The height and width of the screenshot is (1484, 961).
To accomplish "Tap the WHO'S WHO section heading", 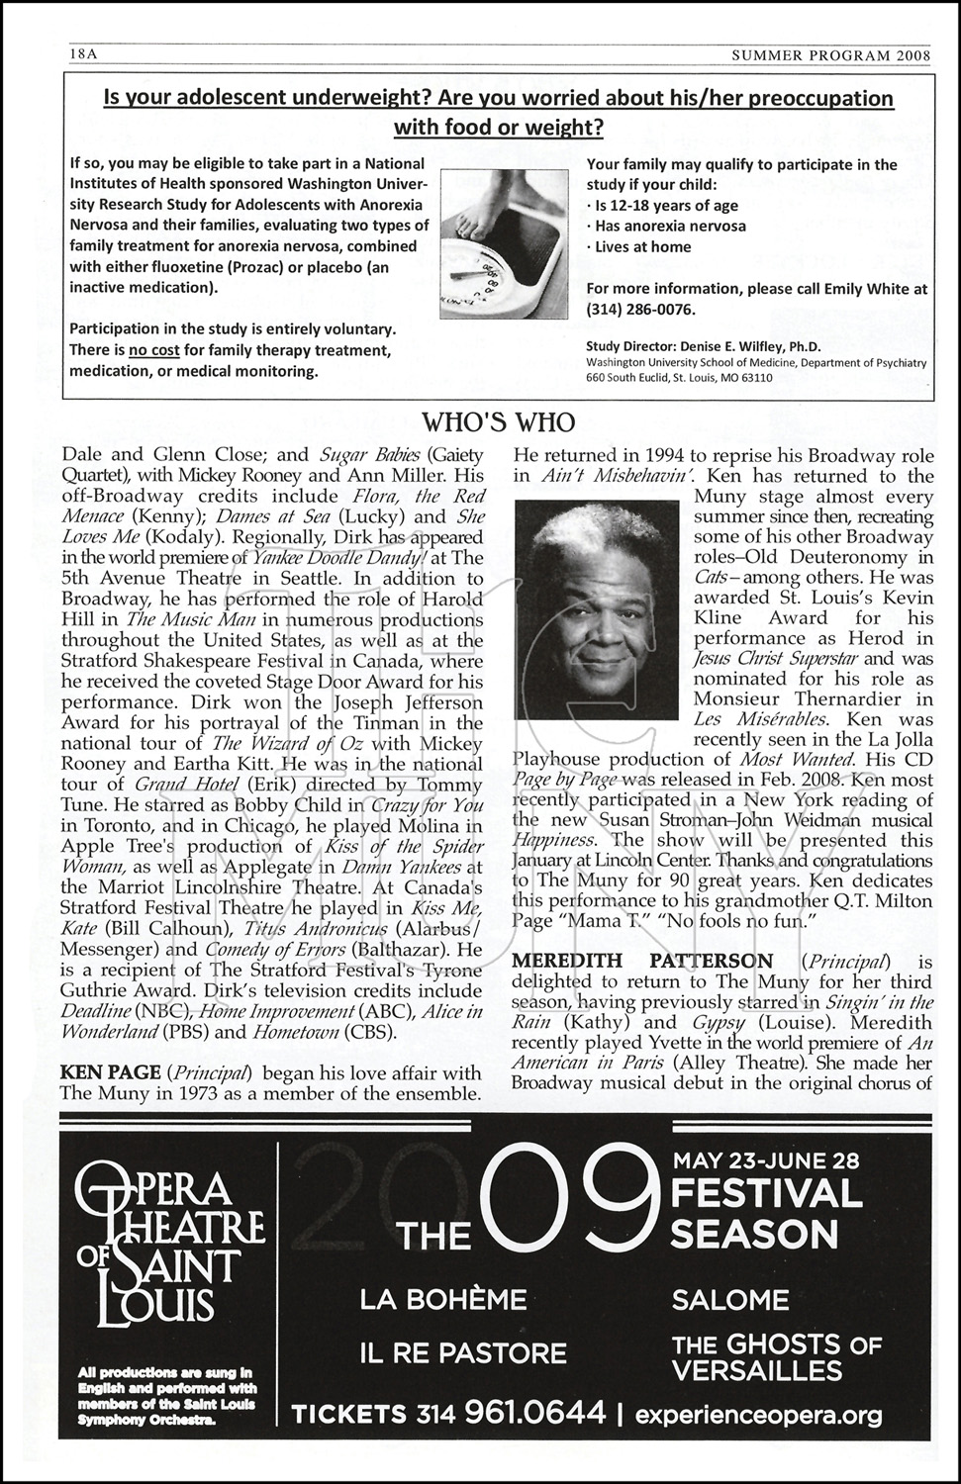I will pos(498,422).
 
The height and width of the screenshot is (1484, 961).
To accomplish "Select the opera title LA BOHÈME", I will pos(442,1299).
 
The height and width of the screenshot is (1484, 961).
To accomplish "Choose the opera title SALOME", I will pos(729,1299).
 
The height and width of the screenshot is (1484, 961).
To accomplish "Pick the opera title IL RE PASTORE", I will pos(462,1352).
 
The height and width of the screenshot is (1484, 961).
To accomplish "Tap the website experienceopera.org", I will pos(757,1415).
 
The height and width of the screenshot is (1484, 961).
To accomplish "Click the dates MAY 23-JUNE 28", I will pos(766,1159).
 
